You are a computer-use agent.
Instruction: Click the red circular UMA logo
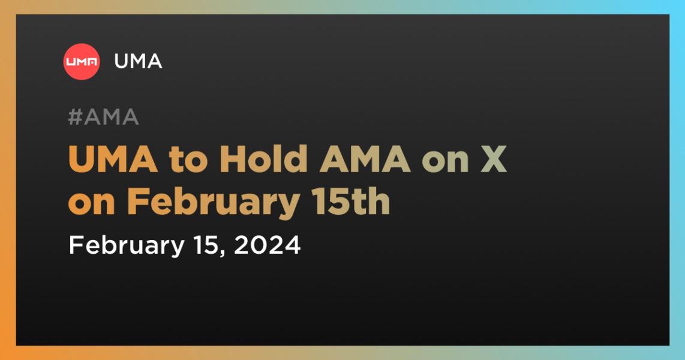(x=81, y=62)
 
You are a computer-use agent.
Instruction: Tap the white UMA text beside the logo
(x=138, y=62)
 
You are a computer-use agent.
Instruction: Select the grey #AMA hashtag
(x=104, y=117)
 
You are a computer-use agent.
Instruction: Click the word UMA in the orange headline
(x=113, y=160)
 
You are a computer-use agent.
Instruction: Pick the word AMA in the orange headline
(x=365, y=160)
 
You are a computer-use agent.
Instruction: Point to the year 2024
(x=268, y=245)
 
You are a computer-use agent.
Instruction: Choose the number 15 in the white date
(x=205, y=245)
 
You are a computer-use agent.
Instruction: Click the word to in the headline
(x=188, y=161)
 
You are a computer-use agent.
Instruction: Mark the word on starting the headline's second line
(x=92, y=205)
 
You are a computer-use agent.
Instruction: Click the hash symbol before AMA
(x=76, y=117)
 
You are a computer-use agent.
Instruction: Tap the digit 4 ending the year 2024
(x=293, y=245)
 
